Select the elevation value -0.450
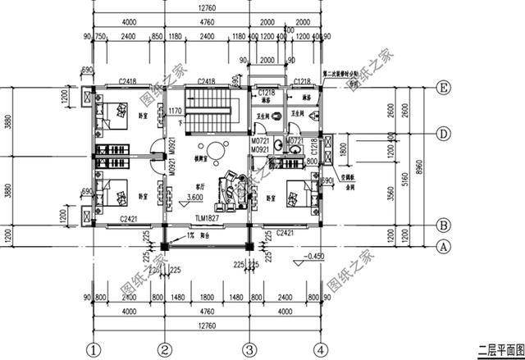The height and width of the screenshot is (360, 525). [x=314, y=257]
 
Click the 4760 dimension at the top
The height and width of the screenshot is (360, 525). [x=207, y=22]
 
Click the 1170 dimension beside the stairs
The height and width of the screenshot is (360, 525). [x=174, y=111]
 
